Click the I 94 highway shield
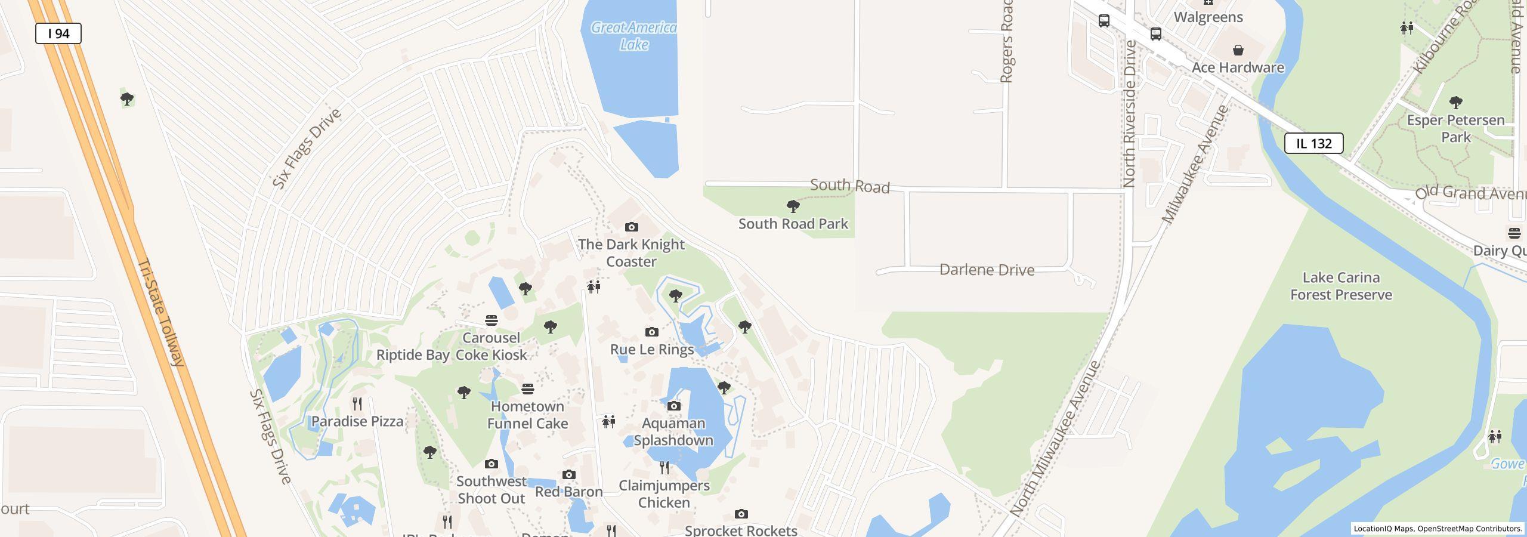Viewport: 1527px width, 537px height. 58,33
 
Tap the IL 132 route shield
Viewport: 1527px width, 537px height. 1313,143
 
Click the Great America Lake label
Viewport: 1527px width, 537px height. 633,36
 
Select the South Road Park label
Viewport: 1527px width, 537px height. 793,224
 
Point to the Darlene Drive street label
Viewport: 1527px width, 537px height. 987,270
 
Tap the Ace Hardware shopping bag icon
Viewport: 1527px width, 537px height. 1238,50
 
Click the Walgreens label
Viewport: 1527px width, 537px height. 1208,17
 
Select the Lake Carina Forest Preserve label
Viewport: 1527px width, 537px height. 1341,286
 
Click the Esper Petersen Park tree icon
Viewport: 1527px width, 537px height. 1455,103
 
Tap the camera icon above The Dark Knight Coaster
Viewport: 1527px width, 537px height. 631,227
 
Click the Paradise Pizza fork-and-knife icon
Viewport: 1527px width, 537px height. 357,404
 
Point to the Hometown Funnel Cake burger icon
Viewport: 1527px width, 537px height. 527,389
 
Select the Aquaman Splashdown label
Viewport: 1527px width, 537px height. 673,431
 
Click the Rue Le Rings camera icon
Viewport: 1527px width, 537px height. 651,332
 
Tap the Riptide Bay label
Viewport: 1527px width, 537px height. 413,355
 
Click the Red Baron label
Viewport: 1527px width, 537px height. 568,492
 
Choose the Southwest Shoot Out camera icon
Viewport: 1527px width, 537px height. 491,464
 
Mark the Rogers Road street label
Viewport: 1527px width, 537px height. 1006,41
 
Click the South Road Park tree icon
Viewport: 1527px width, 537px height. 793,206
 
